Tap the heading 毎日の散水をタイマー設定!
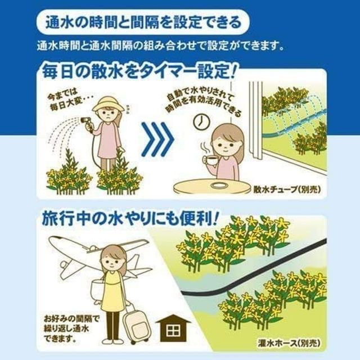click(137, 72)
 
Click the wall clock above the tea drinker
click(199, 120)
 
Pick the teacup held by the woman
click(210, 160)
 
